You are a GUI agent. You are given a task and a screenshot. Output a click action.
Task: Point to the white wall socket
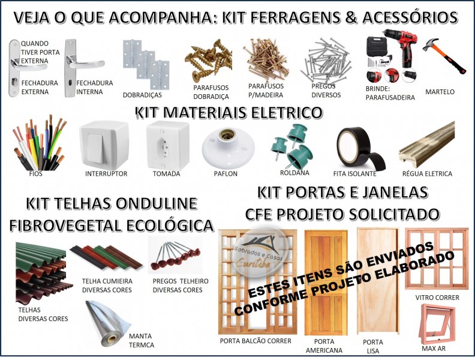167,146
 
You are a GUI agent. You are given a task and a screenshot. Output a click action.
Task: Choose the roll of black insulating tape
360,148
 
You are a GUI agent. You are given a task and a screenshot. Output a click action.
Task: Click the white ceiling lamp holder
228,148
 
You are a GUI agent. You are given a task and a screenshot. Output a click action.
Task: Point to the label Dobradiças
142,95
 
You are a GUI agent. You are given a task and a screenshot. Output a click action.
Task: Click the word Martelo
440,92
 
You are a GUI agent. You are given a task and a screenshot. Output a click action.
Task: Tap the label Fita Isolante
354,173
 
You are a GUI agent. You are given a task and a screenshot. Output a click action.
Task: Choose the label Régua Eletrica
427,173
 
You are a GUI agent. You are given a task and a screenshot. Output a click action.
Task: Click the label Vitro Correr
437,298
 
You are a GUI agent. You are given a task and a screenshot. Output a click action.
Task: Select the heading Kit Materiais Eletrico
229,113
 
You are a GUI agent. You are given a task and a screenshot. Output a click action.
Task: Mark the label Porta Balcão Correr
255,341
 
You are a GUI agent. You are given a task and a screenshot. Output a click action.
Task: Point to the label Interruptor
106,173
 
